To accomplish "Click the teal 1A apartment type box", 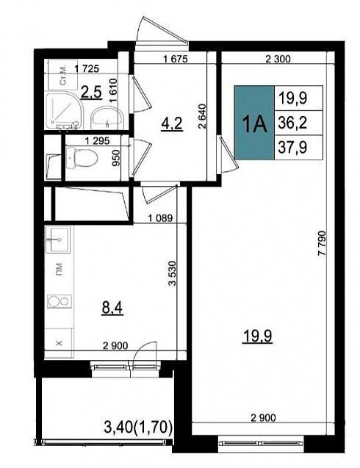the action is coord(254,123).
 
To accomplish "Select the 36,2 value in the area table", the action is coord(292,123).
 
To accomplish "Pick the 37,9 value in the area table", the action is coord(292,147).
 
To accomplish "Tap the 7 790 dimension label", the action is coord(322,243).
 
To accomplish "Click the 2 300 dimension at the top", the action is coord(278,59).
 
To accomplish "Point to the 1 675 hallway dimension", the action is coord(176,59).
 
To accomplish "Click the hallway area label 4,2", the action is coord(171,123).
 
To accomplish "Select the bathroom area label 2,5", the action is coord(92,93).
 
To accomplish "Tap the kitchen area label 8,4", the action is coord(112,308).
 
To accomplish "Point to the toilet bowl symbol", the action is coord(82,158).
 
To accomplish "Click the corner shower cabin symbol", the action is coord(64,111).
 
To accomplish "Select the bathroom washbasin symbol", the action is coord(107,118).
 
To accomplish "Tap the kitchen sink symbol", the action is coord(58,240).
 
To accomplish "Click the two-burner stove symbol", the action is coord(60,301).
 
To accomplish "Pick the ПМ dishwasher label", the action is coord(60,269).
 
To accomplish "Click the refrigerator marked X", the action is coord(59,343).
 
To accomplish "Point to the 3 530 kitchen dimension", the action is coord(172,273).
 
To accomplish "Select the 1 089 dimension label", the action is coord(160,218).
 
